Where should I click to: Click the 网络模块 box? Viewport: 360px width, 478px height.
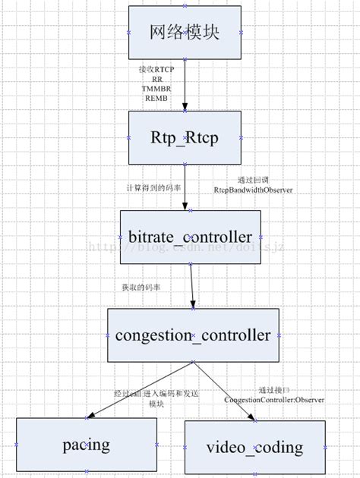(x=185, y=33)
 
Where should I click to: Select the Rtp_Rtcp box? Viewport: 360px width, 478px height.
(x=185, y=137)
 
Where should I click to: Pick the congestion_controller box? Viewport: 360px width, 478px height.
(x=193, y=335)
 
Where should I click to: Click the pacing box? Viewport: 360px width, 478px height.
(x=87, y=445)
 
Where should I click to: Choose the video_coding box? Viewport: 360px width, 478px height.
(x=254, y=447)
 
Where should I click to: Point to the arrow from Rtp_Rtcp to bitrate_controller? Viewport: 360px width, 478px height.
(x=185, y=187)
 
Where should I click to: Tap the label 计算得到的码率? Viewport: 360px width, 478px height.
(x=153, y=187)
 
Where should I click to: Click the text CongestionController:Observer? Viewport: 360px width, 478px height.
(x=273, y=399)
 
